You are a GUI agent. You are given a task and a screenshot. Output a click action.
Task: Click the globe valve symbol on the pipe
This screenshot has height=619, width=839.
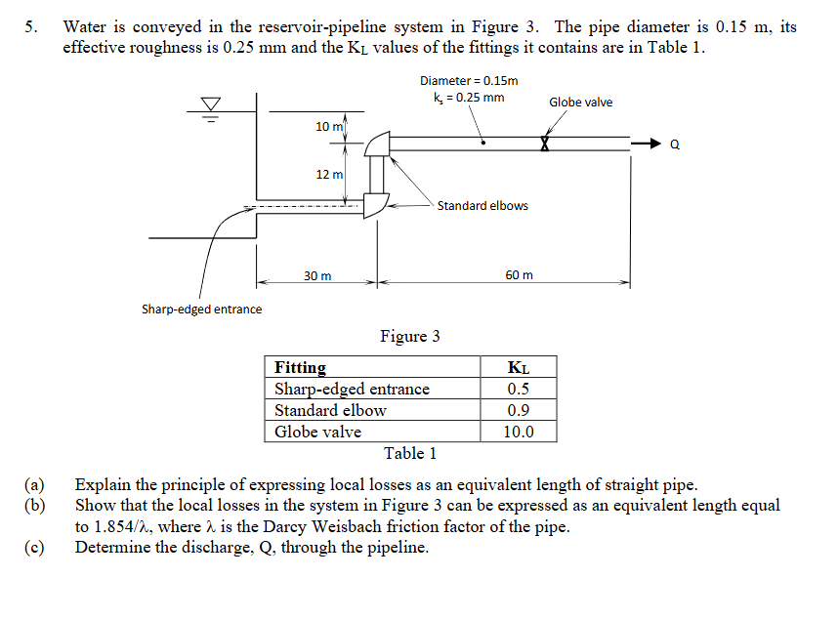(546, 144)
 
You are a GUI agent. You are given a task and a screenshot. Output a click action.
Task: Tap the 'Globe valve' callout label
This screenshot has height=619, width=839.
(580, 103)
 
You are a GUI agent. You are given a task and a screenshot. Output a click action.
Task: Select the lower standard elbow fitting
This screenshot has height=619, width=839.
(375, 205)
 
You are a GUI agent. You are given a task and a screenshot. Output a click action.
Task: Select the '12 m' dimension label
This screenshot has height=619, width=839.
(329, 175)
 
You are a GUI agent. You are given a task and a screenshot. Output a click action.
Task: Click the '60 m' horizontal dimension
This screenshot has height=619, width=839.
(519, 275)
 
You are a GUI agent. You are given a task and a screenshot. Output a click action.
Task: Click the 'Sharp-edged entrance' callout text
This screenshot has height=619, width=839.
(201, 309)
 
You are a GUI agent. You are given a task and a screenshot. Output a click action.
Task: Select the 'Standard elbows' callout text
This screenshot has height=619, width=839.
(482, 206)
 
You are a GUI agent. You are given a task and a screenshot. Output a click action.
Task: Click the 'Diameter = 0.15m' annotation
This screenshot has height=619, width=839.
(469, 81)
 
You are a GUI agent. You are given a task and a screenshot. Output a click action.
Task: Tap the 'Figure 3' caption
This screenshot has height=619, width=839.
(409, 337)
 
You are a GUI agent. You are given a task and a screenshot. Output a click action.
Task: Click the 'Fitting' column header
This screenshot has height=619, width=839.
(301, 368)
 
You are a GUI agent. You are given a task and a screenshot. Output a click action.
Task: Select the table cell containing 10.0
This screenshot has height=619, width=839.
(518, 432)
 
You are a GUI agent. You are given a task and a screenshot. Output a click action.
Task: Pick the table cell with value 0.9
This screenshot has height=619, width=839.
(518, 410)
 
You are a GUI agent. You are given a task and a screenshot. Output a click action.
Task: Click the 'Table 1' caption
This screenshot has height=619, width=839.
(410, 453)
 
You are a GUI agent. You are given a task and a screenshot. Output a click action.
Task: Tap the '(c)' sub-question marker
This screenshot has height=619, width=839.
(35, 547)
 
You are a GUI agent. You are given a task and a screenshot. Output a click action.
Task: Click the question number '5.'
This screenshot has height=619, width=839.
(33, 27)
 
